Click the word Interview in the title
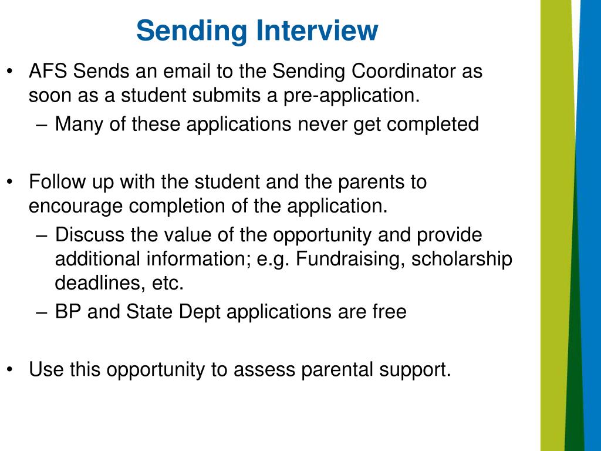(320, 31)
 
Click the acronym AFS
(49, 72)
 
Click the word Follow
(56, 182)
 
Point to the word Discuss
(90, 235)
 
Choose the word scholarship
(462, 259)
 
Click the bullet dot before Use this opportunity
(11, 369)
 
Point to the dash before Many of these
(40, 124)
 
